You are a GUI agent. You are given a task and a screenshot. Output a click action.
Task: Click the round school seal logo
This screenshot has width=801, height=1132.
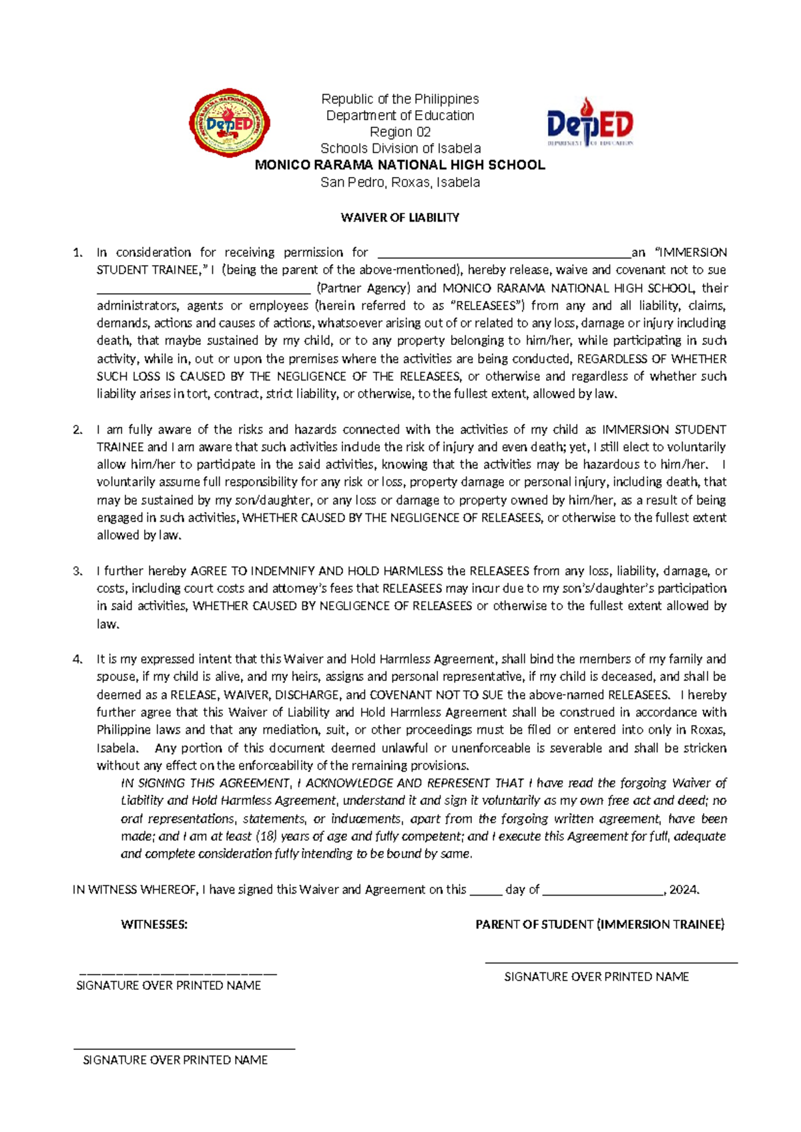click(x=230, y=123)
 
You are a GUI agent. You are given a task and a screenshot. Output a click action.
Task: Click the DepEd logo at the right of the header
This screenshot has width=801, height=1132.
click(x=590, y=123)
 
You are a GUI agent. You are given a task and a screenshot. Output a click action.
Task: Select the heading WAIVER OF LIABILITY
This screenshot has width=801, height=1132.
click(x=400, y=218)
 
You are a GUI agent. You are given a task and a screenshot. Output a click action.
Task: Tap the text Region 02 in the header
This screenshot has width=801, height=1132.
click(x=400, y=132)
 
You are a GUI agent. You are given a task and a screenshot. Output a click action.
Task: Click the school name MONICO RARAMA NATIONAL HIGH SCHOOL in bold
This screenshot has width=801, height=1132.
click(x=400, y=165)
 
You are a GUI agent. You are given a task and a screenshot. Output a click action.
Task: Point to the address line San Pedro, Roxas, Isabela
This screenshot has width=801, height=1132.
click(x=400, y=182)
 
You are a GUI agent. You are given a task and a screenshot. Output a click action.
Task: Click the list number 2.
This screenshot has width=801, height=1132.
click(x=77, y=430)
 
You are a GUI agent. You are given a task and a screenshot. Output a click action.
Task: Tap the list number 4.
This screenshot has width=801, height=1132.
click(x=77, y=659)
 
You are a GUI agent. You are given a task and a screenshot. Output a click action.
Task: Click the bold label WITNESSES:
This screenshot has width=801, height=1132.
click(x=154, y=924)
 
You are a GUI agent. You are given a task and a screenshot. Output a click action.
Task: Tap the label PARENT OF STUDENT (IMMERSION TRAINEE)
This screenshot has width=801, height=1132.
click(x=599, y=924)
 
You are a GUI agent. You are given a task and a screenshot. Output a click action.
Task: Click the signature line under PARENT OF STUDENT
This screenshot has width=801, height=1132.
click(x=611, y=962)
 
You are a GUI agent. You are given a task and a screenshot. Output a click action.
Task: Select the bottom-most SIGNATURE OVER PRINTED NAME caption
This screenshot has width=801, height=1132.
click(x=175, y=1060)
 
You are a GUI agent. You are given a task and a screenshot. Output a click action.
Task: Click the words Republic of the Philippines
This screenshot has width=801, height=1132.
click(x=400, y=99)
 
